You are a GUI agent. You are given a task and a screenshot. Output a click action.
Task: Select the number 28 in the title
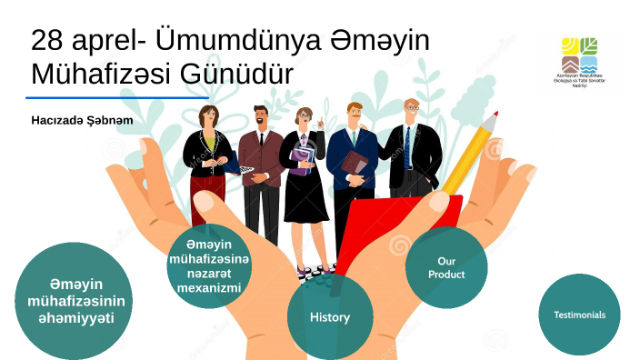click(x=47, y=42)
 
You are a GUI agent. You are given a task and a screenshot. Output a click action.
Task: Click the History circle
click(x=329, y=317)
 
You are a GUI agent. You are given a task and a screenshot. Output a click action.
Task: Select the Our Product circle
click(x=446, y=267)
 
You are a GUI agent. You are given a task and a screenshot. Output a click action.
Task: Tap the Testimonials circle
click(x=579, y=315)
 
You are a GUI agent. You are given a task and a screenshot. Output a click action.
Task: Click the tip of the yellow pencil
click(x=495, y=115)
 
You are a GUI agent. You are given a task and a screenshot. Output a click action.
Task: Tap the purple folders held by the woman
click(x=302, y=156)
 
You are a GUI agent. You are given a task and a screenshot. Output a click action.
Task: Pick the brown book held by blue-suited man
click(x=355, y=164)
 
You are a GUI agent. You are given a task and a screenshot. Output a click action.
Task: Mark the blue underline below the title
click(x=118, y=97)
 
